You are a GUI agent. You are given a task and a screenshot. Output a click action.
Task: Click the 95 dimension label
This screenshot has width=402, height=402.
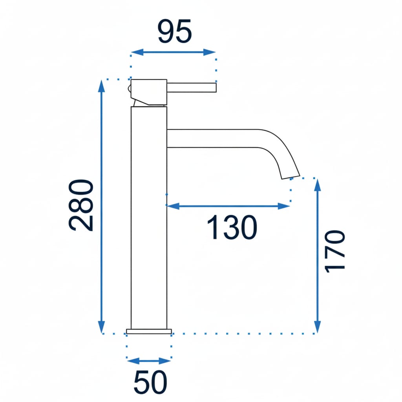point(175,31)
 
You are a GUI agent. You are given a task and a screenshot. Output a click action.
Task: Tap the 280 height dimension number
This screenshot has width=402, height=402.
point(81,205)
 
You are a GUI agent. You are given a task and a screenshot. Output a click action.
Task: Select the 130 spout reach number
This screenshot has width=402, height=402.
point(232,227)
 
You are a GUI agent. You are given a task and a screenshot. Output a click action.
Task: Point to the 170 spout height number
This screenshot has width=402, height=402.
point(335,252)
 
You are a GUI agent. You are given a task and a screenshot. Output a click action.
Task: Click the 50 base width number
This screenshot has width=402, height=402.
point(150,382)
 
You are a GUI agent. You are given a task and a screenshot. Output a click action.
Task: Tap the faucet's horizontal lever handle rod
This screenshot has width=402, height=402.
point(192,88)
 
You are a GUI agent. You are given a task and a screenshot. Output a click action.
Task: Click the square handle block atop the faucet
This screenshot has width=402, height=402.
point(149,92)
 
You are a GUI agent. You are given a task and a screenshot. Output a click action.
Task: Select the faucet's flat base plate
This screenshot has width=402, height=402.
point(149,331)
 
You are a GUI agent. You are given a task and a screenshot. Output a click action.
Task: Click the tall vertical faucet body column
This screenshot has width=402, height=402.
point(149,217)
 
